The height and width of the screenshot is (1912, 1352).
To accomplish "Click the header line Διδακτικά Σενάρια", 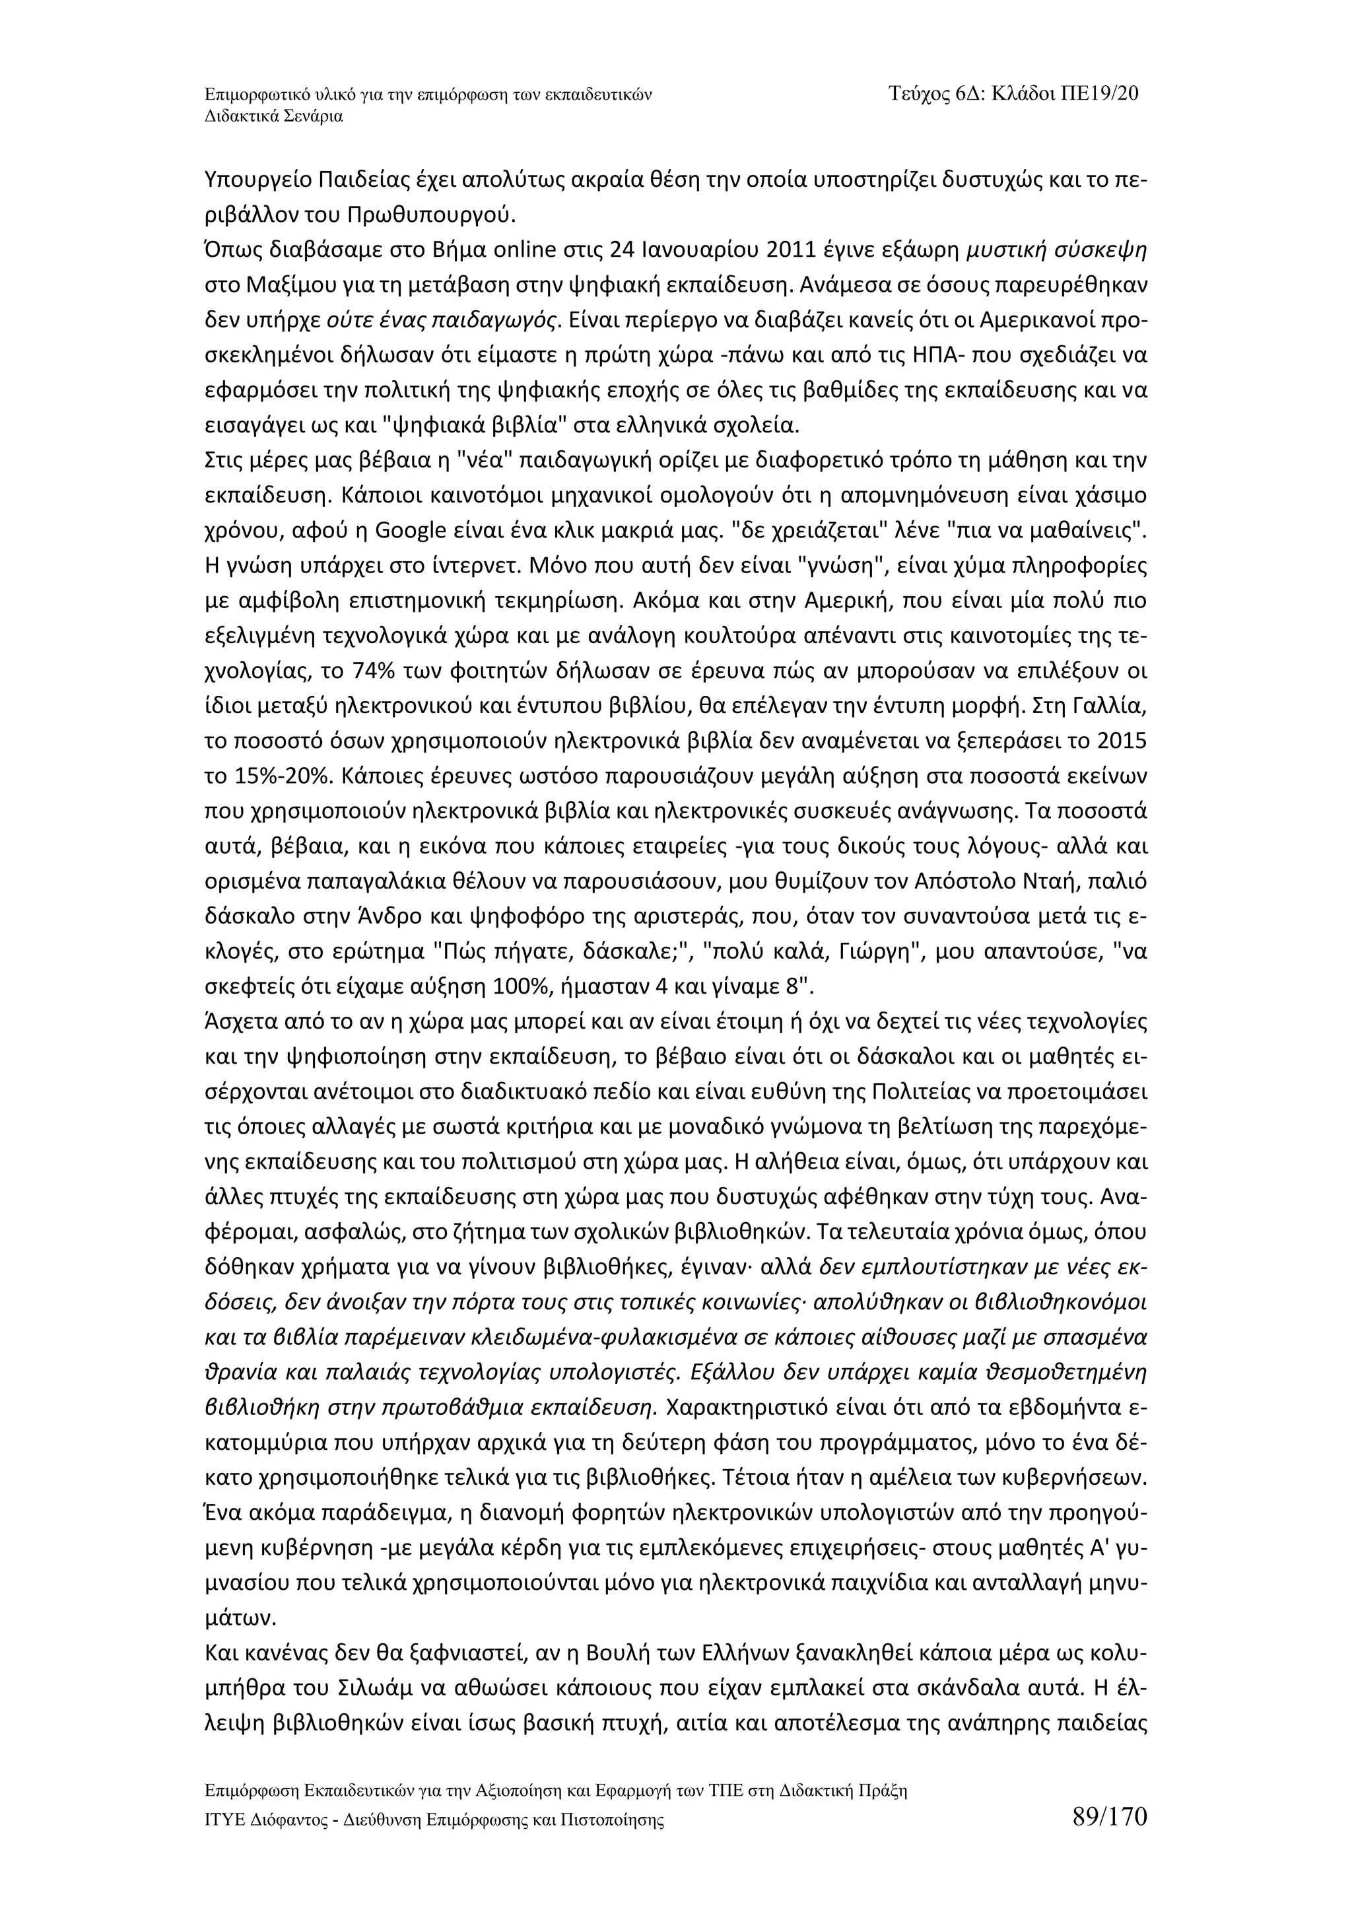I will (x=273, y=117).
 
